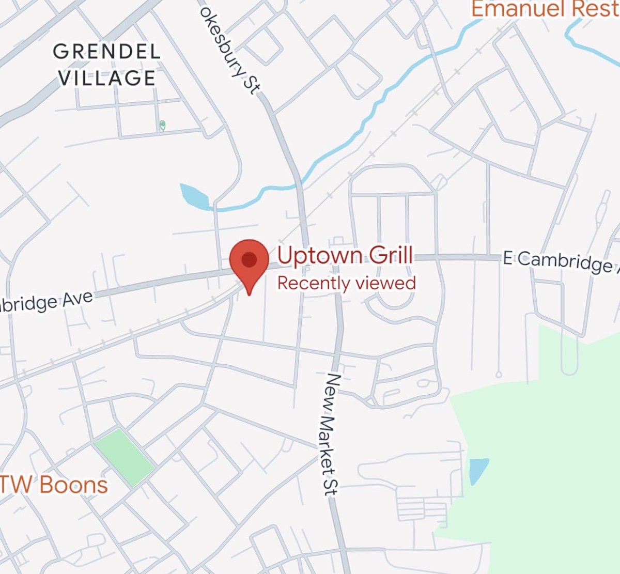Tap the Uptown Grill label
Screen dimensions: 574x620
(345, 256)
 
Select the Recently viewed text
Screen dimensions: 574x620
(346, 283)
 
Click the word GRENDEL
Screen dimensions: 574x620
(107, 52)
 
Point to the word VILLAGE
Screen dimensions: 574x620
(107, 78)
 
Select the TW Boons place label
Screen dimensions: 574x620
(54, 485)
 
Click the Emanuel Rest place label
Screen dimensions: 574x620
(545, 9)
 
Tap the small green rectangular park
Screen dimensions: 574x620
(125, 457)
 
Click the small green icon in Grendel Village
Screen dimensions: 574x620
(163, 126)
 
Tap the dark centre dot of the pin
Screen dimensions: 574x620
(249, 259)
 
